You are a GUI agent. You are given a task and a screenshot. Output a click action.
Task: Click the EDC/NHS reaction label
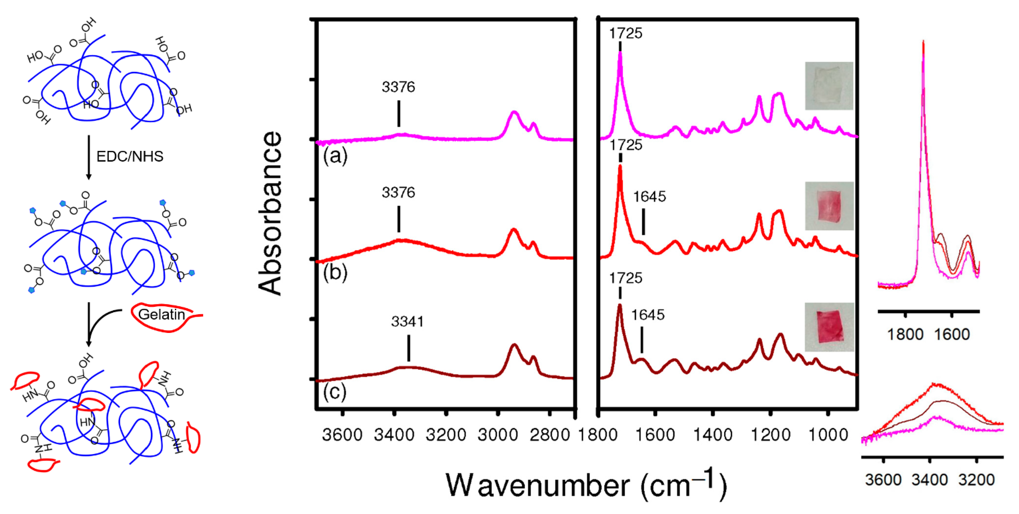(x=130, y=157)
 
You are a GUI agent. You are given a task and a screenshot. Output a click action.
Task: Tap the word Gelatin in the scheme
(x=162, y=315)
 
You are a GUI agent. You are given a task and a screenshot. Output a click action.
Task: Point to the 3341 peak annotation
(x=408, y=322)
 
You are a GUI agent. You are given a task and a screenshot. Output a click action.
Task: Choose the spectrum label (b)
(x=335, y=272)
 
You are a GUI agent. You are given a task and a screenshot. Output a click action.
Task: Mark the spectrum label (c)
(x=335, y=392)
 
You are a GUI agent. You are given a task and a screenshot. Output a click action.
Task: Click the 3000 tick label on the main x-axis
(x=498, y=435)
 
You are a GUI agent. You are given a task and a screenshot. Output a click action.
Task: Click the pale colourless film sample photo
(x=829, y=86)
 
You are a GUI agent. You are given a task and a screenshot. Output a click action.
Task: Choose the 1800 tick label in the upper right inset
(x=905, y=335)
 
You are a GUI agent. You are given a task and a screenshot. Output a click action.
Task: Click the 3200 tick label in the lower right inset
(x=977, y=480)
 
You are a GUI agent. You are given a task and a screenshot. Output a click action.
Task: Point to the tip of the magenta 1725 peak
(x=620, y=53)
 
